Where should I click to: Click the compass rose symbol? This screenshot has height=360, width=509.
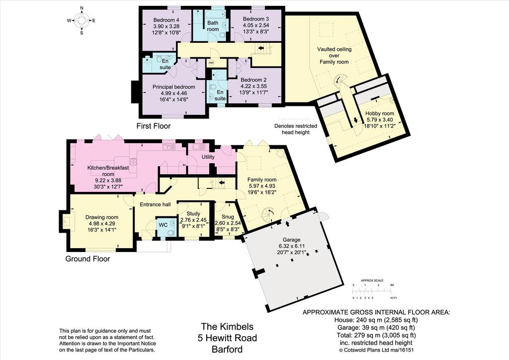coord(82,20)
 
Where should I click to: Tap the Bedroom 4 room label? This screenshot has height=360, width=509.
coord(166,20)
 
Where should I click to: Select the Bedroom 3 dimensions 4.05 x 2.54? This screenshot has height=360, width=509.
coord(256,25)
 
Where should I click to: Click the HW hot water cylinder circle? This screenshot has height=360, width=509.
coord(211,63)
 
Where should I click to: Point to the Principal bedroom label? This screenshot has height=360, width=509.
coord(173,87)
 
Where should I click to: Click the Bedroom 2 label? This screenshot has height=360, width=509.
coord(254,80)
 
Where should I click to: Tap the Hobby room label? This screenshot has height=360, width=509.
coord(379,113)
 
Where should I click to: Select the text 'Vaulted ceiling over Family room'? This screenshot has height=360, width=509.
coord(334,56)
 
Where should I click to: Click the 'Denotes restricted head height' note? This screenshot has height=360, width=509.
coord(295,129)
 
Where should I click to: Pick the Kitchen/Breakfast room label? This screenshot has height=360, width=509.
coord(108,171)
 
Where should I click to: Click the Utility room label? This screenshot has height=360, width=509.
coord(208,157)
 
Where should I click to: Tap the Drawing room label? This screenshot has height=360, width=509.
coord(101,217)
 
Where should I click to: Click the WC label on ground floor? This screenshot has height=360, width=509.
coord(163,225)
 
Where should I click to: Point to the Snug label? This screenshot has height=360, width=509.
coord(228,217)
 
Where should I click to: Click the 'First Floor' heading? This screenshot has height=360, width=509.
coord(153,126)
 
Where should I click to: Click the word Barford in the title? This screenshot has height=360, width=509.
coord(227,350)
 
